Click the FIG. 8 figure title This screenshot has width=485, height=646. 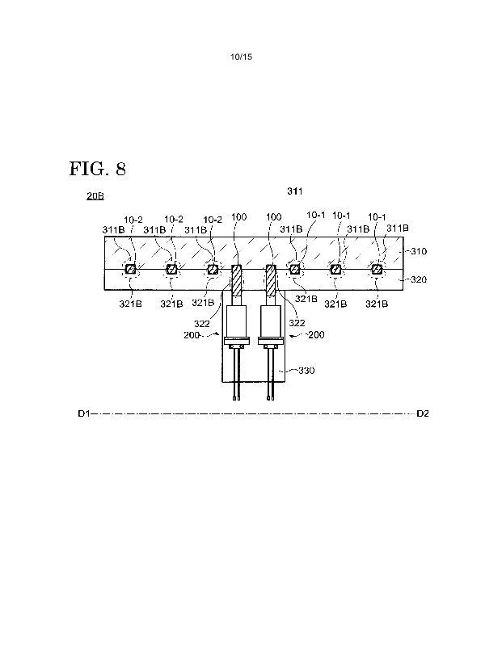point(97,169)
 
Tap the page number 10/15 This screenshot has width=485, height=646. point(241,57)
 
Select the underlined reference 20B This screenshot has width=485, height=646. point(95,195)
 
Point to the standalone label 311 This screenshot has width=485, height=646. point(295,191)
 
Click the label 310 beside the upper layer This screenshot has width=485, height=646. point(419,251)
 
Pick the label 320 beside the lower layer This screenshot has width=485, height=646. point(419,279)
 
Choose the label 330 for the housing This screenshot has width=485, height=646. point(306,371)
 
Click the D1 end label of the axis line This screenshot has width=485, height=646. point(84,413)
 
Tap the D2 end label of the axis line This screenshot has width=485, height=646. point(423,413)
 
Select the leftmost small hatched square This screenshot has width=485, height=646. point(130,270)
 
